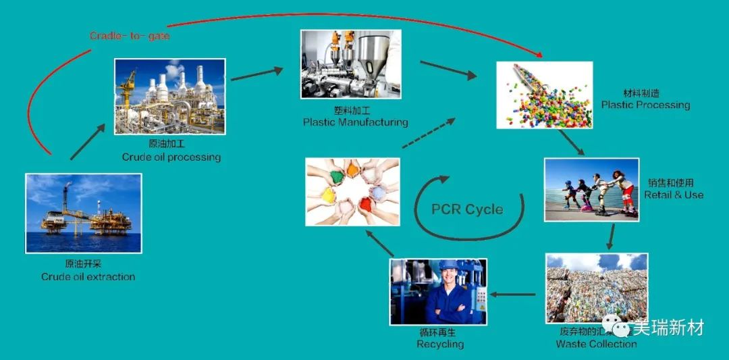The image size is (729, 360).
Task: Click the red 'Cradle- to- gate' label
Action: pyautogui.click(x=130, y=36)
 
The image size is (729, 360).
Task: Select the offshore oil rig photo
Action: pyautogui.click(x=84, y=213)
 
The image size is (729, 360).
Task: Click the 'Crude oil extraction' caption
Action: pyautogui.click(x=88, y=276)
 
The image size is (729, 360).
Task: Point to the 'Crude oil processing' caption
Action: pyautogui.click(x=171, y=157)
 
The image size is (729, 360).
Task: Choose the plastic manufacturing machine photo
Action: pyautogui.click(x=350, y=63)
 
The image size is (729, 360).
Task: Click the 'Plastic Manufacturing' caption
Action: pyautogui.click(x=355, y=122)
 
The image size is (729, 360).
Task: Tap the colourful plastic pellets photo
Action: pyautogui.click(x=544, y=95)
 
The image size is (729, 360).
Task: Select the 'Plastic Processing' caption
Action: pyautogui.click(x=645, y=105)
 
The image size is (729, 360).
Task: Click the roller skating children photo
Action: pyautogui.click(x=591, y=190)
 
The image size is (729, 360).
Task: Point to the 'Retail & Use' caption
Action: pyautogui.click(x=673, y=195)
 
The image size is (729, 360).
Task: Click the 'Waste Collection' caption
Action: pyautogui.click(x=596, y=344)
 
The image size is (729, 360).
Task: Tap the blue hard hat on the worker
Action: pyautogui.click(x=448, y=265)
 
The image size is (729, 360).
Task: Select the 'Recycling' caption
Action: pyautogui.click(x=440, y=344)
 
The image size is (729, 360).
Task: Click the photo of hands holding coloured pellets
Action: pyautogui.click(x=352, y=191)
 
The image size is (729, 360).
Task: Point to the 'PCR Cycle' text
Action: pyautogui.click(x=467, y=209)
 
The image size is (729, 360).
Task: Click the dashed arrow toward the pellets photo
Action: pyautogui.click(x=428, y=132)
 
